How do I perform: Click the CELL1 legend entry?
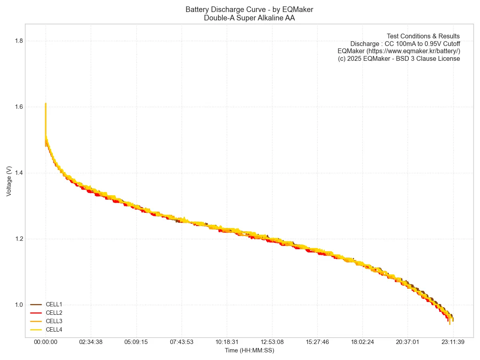(x=54, y=304)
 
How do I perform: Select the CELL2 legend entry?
(x=54, y=313)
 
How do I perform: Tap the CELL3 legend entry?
(x=54, y=321)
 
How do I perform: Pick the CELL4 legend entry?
(x=54, y=330)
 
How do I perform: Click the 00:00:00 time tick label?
(x=46, y=342)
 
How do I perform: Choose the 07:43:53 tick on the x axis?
(x=182, y=342)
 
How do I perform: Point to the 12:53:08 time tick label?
(x=272, y=342)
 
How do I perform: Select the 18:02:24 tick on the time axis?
(x=362, y=342)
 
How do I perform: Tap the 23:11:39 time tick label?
(x=453, y=342)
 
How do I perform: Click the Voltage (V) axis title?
(x=9, y=181)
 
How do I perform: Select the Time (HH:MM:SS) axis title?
(x=249, y=350)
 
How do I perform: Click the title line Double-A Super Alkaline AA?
(x=249, y=18)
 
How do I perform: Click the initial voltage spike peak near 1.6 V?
(x=46, y=104)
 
